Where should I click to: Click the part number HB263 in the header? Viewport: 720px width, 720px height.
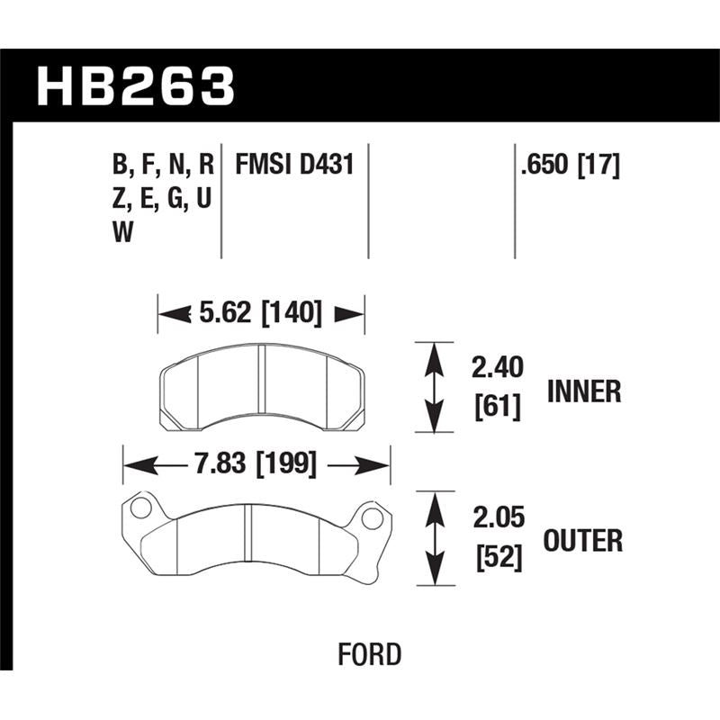pyautogui.click(x=135, y=86)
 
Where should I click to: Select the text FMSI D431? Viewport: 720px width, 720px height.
pyautogui.click(x=293, y=166)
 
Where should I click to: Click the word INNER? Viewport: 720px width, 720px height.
pyautogui.click(x=583, y=391)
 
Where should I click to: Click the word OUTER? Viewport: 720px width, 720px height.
pyautogui.click(x=583, y=541)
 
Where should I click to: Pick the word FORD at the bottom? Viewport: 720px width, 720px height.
pyautogui.click(x=370, y=654)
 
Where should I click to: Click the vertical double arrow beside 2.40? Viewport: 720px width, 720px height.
pyautogui.click(x=435, y=388)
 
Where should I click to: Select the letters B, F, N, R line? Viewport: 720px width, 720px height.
pyautogui.click(x=163, y=166)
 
